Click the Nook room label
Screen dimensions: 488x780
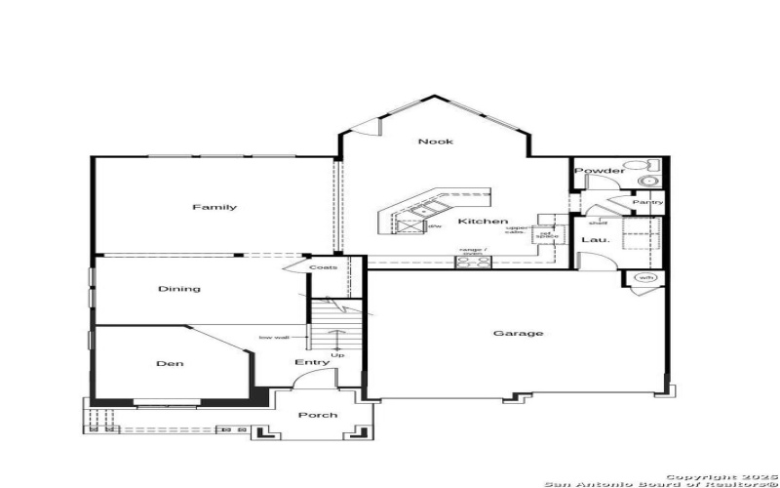436,142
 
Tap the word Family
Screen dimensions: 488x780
214,207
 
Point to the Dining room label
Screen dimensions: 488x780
179,289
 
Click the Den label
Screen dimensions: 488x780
170,364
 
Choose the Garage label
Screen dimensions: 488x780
518,334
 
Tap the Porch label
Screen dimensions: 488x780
318,415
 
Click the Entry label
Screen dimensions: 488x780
312,363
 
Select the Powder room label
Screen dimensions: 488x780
599,171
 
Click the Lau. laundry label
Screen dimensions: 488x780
596,239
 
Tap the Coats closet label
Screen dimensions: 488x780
324,266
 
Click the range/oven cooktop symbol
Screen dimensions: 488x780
475,261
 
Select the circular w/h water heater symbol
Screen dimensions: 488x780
645,278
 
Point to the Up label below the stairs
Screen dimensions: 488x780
337,355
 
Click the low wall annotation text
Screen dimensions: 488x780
274,338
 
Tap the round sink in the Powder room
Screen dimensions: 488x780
647,182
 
